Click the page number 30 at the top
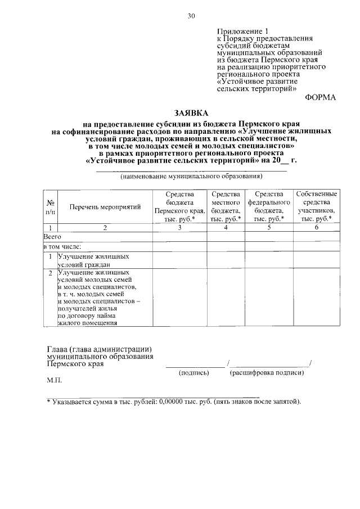coord(191,16)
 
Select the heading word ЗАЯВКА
coord(191,112)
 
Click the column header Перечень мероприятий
coord(105,207)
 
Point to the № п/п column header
coord(50,207)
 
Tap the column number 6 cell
coord(317,228)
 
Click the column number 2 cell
coord(105,228)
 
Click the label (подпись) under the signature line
coord(194,372)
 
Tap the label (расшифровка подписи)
coord(267,372)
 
